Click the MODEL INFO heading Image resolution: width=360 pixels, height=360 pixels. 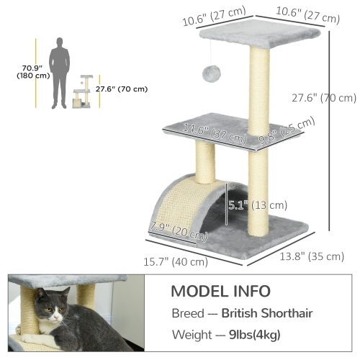point(220,292)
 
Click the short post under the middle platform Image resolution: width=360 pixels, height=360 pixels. point(205,166)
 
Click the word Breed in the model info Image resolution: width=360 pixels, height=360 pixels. point(188,314)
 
